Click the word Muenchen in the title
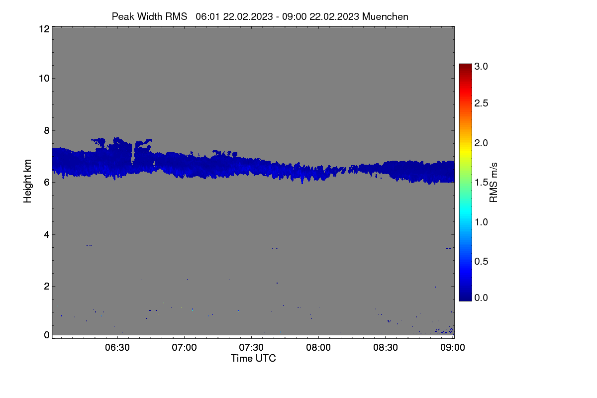[385, 16]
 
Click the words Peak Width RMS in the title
[149, 16]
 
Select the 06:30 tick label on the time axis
[117, 347]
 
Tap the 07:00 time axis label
[184, 347]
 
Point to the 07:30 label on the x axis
[251, 347]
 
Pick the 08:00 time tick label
[318, 347]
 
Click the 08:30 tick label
[386, 347]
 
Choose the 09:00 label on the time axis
[453, 347]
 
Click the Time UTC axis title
[253, 358]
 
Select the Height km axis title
[27, 181]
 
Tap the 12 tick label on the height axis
[44, 29]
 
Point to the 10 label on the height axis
[44, 79]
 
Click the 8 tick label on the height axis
[47, 130]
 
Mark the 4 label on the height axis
[47, 235]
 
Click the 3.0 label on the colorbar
[481, 66]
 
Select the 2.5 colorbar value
[481, 103]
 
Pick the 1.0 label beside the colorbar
[481, 222]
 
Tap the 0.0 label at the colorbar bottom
[481, 298]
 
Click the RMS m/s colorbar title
[494, 183]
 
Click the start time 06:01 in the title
[207, 16]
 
